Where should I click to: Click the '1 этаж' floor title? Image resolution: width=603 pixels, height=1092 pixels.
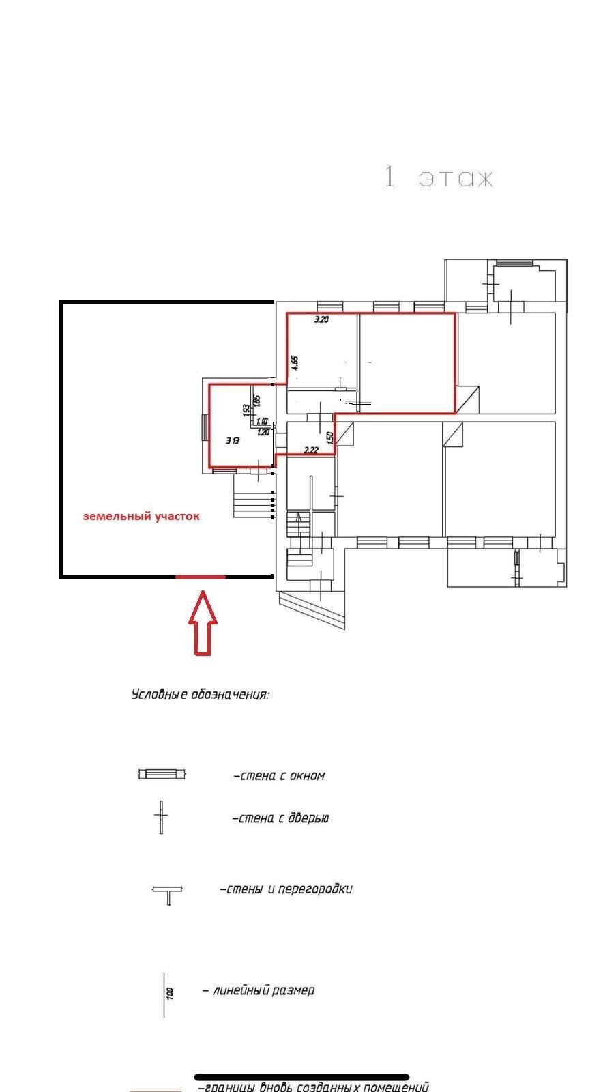[x=439, y=177]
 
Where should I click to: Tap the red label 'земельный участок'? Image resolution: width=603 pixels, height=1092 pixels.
[x=141, y=517]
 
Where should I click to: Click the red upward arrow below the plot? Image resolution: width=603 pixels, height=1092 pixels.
[x=203, y=624]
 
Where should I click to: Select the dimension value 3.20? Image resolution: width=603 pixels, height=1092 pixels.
[x=321, y=319]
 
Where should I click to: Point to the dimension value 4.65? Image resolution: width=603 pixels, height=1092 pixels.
[x=295, y=362]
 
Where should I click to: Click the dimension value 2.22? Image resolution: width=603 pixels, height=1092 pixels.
[x=311, y=450]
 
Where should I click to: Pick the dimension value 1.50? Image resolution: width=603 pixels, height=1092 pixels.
[x=330, y=438]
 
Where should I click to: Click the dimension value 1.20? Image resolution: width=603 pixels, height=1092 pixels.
[x=263, y=432]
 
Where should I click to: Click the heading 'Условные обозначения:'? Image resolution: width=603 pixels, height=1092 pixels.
[x=200, y=695]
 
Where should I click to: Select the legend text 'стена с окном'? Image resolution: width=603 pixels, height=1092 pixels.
[x=280, y=776]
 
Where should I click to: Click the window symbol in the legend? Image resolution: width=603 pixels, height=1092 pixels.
[x=162, y=775]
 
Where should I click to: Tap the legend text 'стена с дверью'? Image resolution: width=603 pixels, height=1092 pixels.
[x=281, y=818]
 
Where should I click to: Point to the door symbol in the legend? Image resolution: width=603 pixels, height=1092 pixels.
[x=161, y=818]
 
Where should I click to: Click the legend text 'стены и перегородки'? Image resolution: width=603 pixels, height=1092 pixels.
[x=286, y=889]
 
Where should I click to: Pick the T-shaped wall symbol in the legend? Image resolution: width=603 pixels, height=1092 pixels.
[x=168, y=894]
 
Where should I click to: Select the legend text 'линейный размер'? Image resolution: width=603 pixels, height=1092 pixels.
[x=259, y=990]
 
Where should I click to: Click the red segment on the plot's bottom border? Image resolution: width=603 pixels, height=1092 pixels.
[x=201, y=577]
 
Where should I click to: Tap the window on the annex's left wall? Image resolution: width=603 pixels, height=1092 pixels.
[x=205, y=429]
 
